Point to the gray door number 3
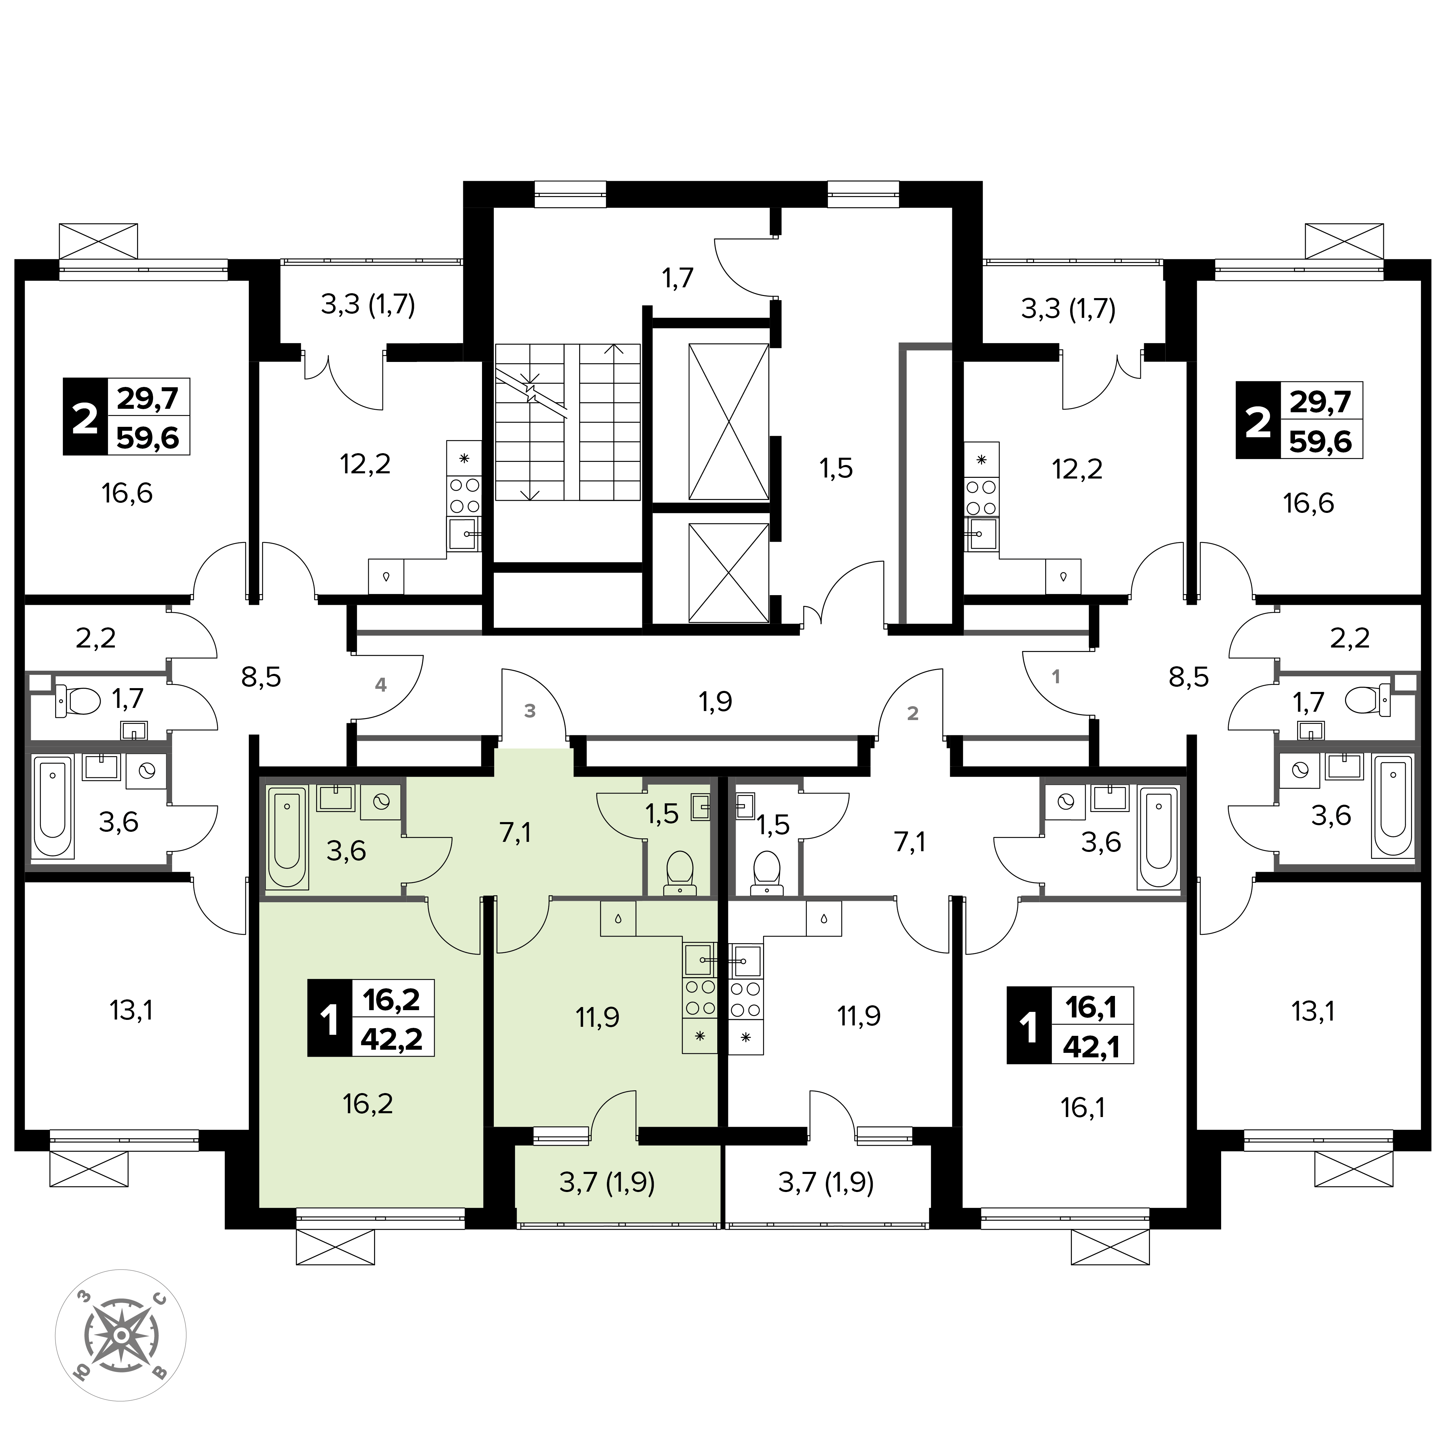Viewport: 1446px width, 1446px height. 530,711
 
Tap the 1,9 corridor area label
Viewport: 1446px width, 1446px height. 716,701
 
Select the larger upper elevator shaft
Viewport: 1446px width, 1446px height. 728,421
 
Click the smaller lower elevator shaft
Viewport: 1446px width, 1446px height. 728,573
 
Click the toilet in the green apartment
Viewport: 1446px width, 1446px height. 679,871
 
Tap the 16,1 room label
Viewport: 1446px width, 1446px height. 1083,1108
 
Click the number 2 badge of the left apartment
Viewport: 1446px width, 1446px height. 85,417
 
